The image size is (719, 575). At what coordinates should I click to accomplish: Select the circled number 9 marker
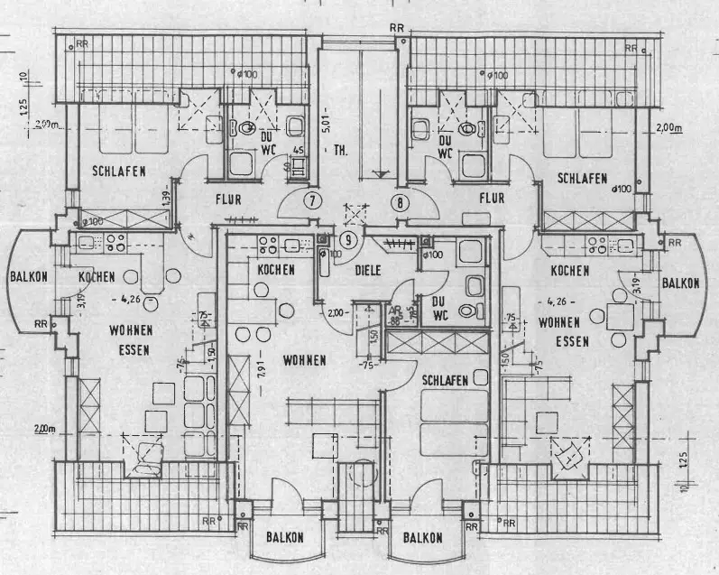[x=348, y=239]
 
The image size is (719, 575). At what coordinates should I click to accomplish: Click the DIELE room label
[x=367, y=269]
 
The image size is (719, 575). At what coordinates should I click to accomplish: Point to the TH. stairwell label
[x=340, y=150]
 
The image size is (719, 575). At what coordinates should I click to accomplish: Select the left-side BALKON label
[x=31, y=277]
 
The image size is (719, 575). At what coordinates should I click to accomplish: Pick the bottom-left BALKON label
[x=284, y=538]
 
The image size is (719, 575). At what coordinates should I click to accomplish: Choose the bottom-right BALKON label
[x=422, y=538]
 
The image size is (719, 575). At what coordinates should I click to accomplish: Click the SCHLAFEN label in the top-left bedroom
[x=117, y=171]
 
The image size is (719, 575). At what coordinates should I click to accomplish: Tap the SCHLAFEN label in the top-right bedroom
[x=581, y=179]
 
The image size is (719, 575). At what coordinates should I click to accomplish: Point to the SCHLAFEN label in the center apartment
[x=443, y=381]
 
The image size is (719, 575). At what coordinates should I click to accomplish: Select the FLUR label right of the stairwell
[x=492, y=199]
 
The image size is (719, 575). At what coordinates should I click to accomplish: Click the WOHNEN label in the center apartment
[x=304, y=360]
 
